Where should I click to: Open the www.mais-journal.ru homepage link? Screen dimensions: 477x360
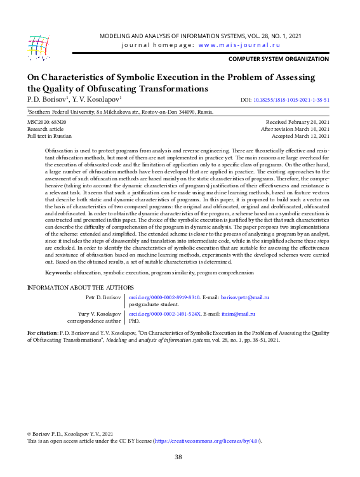click(x=239, y=45)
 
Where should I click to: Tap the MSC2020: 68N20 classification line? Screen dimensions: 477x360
click(x=47, y=121)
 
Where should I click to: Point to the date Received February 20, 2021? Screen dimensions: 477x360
click(x=298, y=121)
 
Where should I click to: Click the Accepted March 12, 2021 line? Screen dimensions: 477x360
click(x=300, y=135)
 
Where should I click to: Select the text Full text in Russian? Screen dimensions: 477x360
click(x=50, y=135)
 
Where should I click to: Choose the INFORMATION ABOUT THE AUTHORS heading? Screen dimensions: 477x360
click(x=80, y=288)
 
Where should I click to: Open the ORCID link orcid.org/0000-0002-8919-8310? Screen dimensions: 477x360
click(x=164, y=297)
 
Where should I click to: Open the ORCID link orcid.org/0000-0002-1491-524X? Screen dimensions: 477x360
click(x=164, y=313)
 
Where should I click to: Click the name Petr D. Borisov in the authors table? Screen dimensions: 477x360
click(x=102, y=297)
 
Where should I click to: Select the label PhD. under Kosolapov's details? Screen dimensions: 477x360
click(x=134, y=321)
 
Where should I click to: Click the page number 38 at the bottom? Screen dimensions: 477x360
click(x=178, y=457)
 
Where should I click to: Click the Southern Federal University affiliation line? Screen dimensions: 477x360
click(x=121, y=111)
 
